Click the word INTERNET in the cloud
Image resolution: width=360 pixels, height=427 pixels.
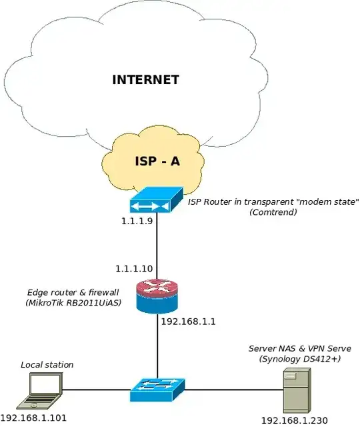(x=145, y=79)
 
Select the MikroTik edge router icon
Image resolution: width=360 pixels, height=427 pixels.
(x=157, y=296)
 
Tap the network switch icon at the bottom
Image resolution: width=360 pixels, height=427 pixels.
(x=157, y=390)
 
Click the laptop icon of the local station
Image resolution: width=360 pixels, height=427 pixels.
(x=43, y=391)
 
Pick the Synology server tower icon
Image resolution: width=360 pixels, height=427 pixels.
(x=295, y=391)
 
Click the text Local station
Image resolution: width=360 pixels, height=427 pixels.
(x=47, y=364)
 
